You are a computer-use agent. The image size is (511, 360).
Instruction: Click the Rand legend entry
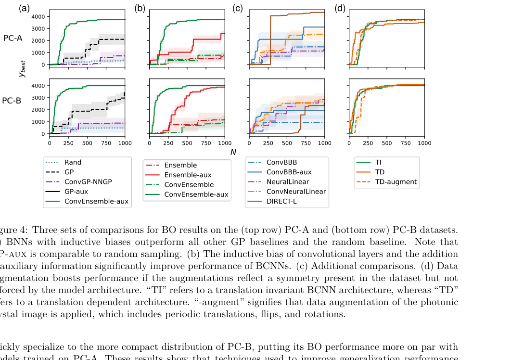[x=73, y=163]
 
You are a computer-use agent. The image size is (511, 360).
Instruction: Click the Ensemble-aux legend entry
[x=188, y=175]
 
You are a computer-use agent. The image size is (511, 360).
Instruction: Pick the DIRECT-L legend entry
[x=281, y=201]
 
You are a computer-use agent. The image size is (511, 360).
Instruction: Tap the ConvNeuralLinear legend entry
[x=296, y=192]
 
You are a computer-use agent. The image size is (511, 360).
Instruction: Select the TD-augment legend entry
[x=396, y=182]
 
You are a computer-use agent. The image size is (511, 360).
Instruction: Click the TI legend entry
[x=378, y=163]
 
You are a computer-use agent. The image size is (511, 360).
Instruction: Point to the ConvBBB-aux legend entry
[x=289, y=172]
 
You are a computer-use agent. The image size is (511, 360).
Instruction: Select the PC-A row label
[x=13, y=38]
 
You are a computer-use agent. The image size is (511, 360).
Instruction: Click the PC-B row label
[x=12, y=101]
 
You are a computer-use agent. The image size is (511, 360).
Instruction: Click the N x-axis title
[x=233, y=152]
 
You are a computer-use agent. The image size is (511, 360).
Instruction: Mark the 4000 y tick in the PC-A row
[x=38, y=16]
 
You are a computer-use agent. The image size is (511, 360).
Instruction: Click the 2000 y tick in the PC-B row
[x=38, y=110]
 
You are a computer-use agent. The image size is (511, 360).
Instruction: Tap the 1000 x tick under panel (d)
[x=424, y=143]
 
